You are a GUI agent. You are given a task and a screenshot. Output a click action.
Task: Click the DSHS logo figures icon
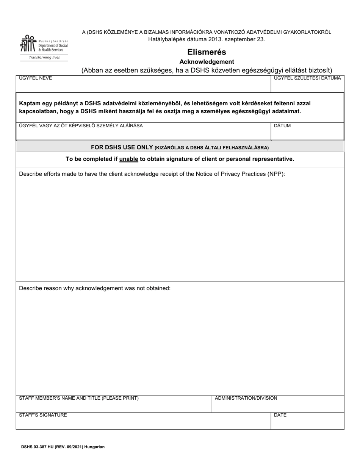pos(28,44)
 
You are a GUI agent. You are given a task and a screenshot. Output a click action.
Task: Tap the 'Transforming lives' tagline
pos(44,58)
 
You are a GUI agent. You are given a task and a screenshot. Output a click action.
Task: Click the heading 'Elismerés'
pos(207,52)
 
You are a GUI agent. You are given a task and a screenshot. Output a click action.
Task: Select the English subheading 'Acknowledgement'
pos(207,62)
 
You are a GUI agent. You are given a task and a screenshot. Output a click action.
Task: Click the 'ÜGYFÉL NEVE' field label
pos(36,78)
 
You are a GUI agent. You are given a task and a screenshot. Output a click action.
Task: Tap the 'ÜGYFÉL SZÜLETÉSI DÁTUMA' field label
pos(307,78)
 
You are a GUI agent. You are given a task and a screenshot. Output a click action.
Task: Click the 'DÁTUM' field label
pos(282,126)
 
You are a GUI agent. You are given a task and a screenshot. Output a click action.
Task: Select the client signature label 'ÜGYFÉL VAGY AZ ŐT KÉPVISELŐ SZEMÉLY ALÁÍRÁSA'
pos(81,126)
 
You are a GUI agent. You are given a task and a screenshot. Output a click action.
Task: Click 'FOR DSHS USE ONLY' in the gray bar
pos(122,147)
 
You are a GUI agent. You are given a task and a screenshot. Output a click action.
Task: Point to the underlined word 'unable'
pos(128,159)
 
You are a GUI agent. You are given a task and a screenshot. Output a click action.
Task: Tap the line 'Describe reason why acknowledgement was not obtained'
pos(95,288)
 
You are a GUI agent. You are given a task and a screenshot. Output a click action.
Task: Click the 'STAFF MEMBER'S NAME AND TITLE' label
pos(79,398)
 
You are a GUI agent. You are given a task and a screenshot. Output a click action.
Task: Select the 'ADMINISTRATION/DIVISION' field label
pos(246,398)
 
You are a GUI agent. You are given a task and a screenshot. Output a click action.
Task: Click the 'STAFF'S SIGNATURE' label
pos(43,415)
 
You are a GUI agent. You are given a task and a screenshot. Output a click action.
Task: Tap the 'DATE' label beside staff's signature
pos(280,415)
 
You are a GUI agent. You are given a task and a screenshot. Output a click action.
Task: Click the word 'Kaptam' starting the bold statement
pos(29,103)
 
